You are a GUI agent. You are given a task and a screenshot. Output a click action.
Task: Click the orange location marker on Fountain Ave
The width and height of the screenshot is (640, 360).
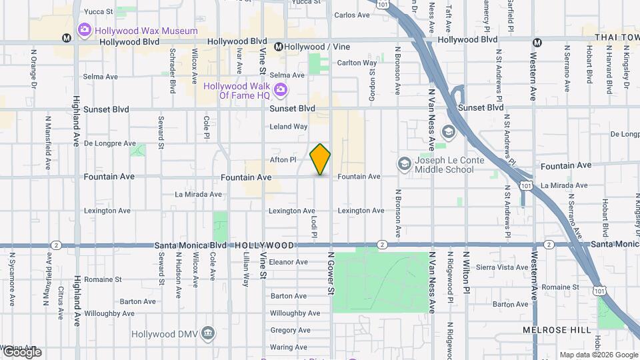321,159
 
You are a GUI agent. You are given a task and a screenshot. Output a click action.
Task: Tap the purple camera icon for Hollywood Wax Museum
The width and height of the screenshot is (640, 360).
84,30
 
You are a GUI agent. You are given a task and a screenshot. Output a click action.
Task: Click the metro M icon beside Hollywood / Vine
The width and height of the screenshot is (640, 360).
279,47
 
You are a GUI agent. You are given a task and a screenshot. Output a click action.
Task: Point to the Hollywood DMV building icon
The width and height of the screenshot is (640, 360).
208,333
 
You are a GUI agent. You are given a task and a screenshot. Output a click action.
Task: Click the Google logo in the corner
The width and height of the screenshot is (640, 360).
21,352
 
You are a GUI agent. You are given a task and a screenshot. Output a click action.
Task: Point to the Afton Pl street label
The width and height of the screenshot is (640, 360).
283,160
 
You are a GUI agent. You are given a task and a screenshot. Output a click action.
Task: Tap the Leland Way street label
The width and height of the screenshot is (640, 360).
289,126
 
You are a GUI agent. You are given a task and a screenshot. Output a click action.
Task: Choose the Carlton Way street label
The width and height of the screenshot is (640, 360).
357,63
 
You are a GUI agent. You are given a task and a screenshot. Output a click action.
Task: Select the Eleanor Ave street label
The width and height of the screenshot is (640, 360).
289,262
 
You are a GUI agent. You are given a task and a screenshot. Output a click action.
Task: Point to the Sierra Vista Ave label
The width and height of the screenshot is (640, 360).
503,267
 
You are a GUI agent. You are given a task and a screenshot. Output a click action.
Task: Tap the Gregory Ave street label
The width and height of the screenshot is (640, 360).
287,330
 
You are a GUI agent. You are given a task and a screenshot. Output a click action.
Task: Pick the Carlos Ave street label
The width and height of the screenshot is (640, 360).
351,15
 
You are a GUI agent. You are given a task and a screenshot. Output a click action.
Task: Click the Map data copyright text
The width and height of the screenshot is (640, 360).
598,355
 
